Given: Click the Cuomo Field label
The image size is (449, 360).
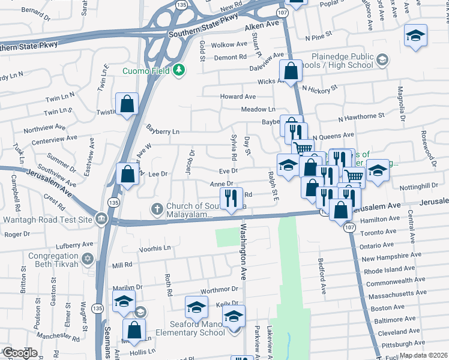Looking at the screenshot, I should pyautogui.click(x=146, y=71).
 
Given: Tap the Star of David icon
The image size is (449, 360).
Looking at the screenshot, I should pyautogui.click(x=88, y=258).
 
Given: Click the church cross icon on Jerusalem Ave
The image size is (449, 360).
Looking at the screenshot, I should pyautogui.click(x=157, y=209).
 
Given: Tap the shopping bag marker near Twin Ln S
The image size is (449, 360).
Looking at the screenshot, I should pyautogui.click(x=128, y=104).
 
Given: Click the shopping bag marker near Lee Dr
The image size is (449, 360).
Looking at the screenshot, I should pyautogui.click(x=128, y=174).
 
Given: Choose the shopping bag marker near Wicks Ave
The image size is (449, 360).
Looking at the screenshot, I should pyautogui.click(x=291, y=71).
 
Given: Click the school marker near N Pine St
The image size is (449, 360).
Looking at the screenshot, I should pyautogui.click(x=415, y=34).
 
